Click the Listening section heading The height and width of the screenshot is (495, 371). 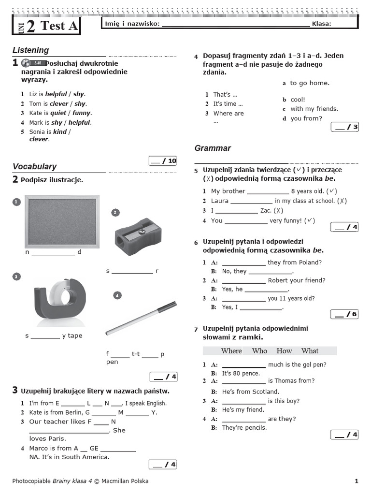point(30,50)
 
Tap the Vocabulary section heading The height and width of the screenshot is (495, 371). point(34,166)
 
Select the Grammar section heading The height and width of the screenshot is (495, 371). point(213,148)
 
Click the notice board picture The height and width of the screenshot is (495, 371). point(62,221)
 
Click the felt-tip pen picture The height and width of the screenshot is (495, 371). point(141,319)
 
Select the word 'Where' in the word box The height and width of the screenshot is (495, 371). point(231,351)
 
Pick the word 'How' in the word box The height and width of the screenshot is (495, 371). point(284,351)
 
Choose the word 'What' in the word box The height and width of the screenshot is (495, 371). point(310,351)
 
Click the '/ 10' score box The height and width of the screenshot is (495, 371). point(163,161)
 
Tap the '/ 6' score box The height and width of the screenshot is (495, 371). point(344,314)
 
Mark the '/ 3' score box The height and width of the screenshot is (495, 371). point(344,127)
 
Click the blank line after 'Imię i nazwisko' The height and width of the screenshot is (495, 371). point(235,24)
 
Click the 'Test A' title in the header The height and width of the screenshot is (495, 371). point(59,26)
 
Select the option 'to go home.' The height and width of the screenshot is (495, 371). point(310,83)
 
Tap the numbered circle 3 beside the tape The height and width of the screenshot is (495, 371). point(16,277)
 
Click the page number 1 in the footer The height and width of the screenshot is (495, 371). point(357,481)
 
